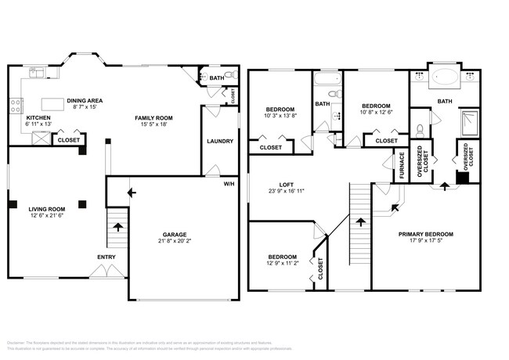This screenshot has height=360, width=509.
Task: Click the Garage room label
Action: (x=174, y=234)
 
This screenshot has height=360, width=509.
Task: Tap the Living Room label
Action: (x=46, y=209)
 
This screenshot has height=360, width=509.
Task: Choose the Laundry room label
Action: (x=218, y=141)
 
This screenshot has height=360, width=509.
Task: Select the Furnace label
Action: (x=401, y=165)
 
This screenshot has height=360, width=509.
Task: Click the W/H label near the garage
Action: (x=229, y=184)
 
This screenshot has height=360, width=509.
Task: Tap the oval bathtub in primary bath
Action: (x=445, y=79)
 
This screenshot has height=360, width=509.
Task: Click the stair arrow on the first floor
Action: (x=118, y=228)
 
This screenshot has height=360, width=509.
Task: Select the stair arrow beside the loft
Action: (x=360, y=221)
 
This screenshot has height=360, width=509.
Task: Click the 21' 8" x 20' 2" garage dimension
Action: (x=174, y=241)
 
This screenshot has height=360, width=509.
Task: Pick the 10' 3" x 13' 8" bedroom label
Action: (x=280, y=115)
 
